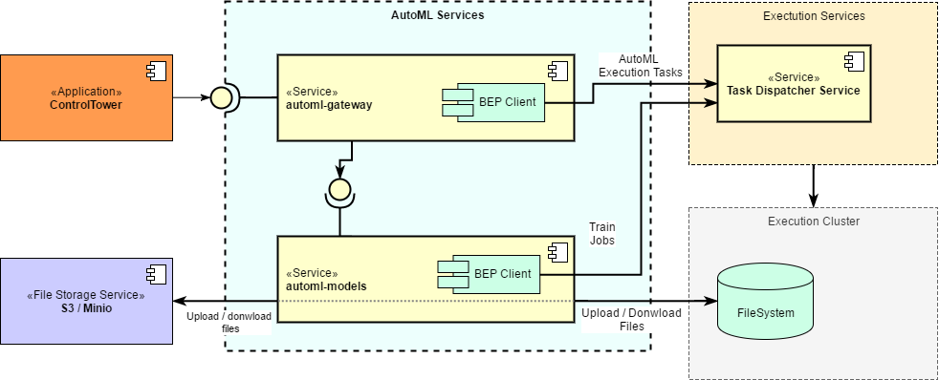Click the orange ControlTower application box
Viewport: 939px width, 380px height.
point(86,98)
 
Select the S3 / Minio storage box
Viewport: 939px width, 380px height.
point(86,301)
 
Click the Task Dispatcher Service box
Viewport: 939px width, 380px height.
point(794,83)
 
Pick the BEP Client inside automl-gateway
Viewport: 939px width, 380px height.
point(493,102)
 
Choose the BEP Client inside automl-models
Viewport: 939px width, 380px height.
point(489,274)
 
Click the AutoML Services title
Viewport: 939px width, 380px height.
point(438,15)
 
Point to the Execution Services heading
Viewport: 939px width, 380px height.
point(814,16)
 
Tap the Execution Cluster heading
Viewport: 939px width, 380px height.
point(814,222)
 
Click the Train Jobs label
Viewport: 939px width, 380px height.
point(602,234)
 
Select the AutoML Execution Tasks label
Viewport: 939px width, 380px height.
point(641,66)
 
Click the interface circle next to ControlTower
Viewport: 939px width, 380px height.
point(219,97)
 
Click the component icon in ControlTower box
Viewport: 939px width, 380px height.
point(157,71)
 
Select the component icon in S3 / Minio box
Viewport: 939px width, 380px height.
point(157,274)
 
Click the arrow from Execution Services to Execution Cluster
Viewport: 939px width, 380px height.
point(813,186)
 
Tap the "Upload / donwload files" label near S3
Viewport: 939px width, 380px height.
point(229,322)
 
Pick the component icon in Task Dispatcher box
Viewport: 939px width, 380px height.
point(854,61)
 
